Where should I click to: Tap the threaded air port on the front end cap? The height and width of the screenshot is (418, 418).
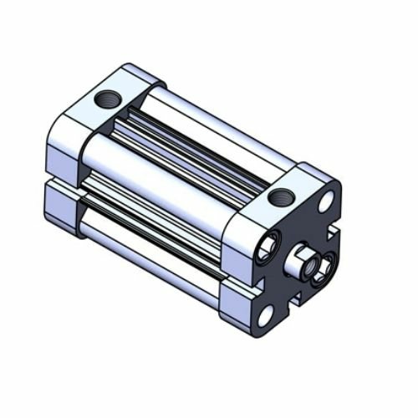pos(281,198)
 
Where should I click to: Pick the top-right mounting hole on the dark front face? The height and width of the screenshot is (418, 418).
pos(327,201)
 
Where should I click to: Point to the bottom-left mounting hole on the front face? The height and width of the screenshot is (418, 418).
pos(266,315)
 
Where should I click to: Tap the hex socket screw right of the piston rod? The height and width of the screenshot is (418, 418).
pos(324,268)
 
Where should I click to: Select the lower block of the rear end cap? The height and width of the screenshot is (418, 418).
pos(63,205)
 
